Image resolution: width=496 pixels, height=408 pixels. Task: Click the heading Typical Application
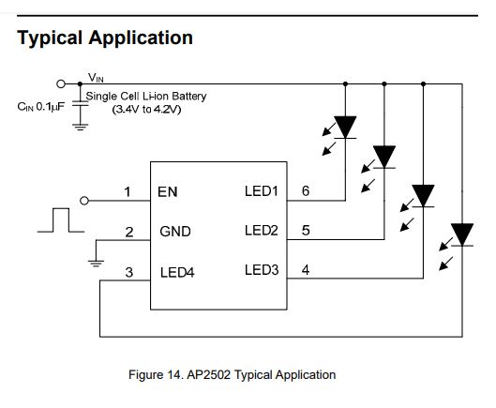105,38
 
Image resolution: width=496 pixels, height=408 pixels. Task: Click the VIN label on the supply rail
97,76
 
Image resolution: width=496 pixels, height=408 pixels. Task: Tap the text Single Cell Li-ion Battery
146,96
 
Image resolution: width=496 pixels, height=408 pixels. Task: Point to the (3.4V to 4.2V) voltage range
146,110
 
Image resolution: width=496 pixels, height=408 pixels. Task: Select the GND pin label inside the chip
175,231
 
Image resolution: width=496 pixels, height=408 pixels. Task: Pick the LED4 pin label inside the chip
178,273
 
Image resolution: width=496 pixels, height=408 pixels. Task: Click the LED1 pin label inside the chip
262,191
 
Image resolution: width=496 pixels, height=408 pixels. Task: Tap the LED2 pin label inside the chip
262,231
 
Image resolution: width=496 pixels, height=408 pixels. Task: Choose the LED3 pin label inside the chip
262,270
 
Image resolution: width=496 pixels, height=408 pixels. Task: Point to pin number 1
128,192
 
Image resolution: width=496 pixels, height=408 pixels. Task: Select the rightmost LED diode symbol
461,233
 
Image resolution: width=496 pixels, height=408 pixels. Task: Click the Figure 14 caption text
232,374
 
